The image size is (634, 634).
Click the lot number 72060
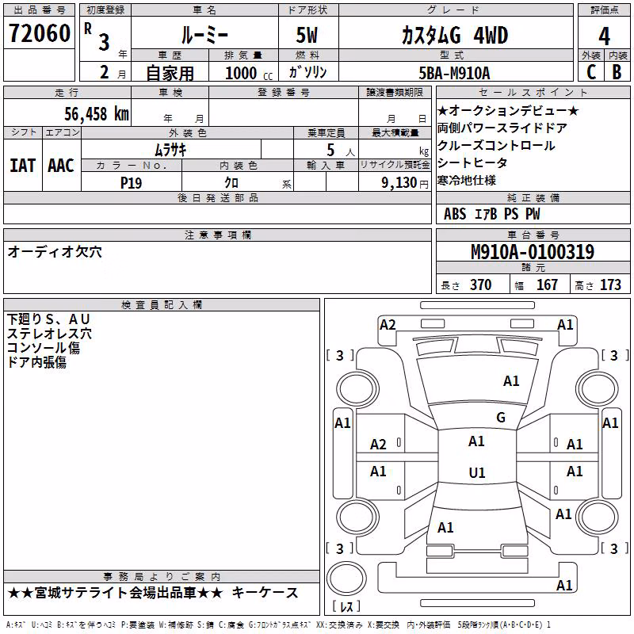(x=39, y=33)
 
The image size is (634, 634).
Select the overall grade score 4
(x=604, y=36)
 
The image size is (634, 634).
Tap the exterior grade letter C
(x=591, y=72)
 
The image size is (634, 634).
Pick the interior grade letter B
(x=617, y=72)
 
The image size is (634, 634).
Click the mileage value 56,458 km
(x=97, y=114)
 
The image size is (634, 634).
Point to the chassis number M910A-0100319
(x=533, y=252)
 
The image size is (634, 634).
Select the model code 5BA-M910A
(x=454, y=73)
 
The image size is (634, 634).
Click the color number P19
(x=131, y=183)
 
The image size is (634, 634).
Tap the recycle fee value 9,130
(x=399, y=183)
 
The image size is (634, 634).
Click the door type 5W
(x=307, y=35)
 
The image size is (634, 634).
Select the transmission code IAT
(x=22, y=166)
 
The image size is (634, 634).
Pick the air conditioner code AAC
(x=61, y=166)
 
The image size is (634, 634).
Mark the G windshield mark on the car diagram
(x=501, y=418)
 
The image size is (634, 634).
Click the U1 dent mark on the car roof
(x=477, y=472)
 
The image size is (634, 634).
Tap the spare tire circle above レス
(x=346, y=579)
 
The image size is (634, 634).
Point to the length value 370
(x=481, y=285)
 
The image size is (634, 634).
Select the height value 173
(x=610, y=285)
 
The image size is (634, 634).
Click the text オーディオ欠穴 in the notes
(x=55, y=252)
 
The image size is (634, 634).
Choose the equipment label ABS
(x=455, y=214)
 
